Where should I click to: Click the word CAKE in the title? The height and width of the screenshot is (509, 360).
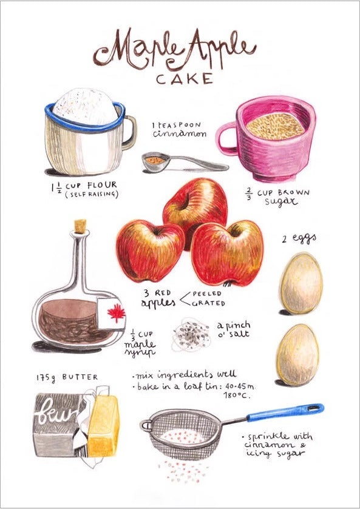click(184, 79)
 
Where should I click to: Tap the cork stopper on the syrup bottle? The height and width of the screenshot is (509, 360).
click(81, 226)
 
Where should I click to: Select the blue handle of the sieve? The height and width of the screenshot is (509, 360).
click(285, 412)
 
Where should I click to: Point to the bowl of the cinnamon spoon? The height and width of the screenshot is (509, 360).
click(156, 162)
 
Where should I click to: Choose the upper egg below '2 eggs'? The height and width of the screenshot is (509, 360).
click(301, 284)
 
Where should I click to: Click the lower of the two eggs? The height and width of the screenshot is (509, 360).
click(298, 356)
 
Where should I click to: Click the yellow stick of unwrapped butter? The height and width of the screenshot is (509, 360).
click(103, 426)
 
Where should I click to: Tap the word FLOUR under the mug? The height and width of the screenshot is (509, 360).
click(102, 186)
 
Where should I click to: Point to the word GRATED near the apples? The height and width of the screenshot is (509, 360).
click(209, 303)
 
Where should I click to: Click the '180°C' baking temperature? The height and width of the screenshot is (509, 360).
click(237, 396)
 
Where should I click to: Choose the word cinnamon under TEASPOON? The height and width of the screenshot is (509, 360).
click(179, 133)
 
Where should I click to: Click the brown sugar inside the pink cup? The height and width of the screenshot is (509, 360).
click(275, 126)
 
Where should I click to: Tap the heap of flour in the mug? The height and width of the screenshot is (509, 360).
click(85, 107)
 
